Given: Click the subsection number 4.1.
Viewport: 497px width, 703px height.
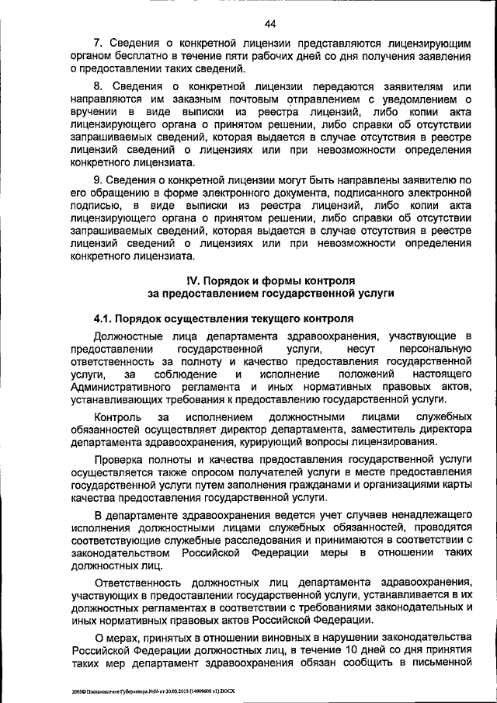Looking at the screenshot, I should pyautogui.click(x=107, y=319).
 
